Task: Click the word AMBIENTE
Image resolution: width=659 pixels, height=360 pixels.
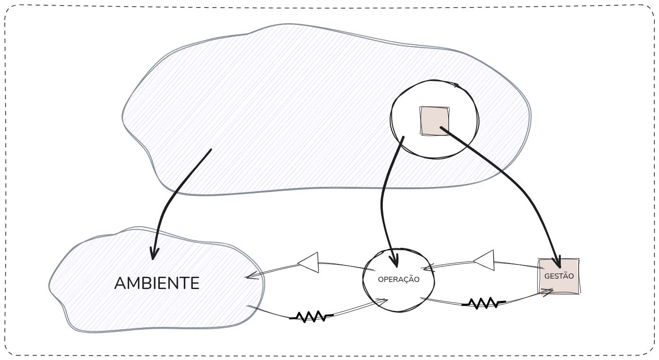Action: click(x=157, y=283)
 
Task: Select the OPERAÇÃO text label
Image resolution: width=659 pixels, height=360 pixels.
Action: click(x=399, y=280)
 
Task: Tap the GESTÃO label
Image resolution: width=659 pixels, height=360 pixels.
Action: click(x=559, y=276)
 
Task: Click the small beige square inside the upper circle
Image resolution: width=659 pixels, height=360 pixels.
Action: click(x=434, y=121)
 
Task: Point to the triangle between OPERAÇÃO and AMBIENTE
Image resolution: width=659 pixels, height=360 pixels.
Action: click(x=308, y=263)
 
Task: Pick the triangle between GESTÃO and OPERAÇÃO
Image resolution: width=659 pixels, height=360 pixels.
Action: click(x=484, y=260)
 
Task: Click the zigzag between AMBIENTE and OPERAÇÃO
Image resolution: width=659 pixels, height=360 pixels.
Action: click(x=311, y=316)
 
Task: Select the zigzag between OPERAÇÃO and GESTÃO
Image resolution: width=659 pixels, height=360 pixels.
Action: click(x=483, y=303)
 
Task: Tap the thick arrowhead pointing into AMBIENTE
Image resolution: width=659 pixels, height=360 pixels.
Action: click(x=153, y=254)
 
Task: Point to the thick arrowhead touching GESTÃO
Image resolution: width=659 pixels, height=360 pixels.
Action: click(x=558, y=262)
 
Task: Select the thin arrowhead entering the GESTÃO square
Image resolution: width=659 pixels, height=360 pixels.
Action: click(x=548, y=292)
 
